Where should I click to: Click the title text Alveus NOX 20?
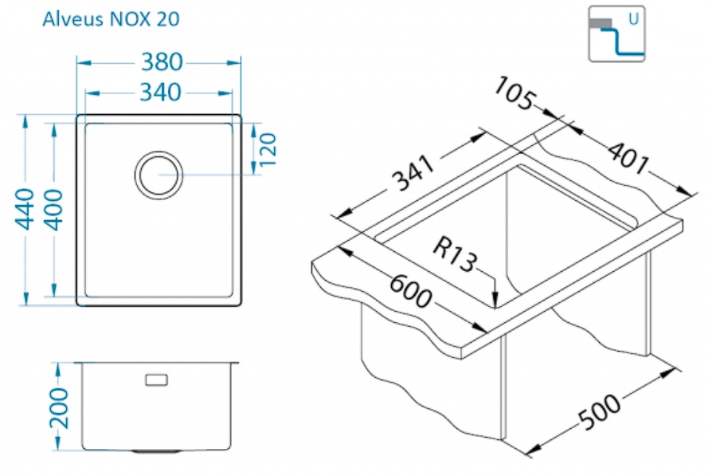(x=110, y=19)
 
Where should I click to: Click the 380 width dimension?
(x=162, y=61)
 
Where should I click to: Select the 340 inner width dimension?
(x=160, y=92)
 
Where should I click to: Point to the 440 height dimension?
(x=25, y=209)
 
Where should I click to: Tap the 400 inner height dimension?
(x=53, y=209)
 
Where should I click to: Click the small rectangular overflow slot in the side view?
(x=157, y=380)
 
